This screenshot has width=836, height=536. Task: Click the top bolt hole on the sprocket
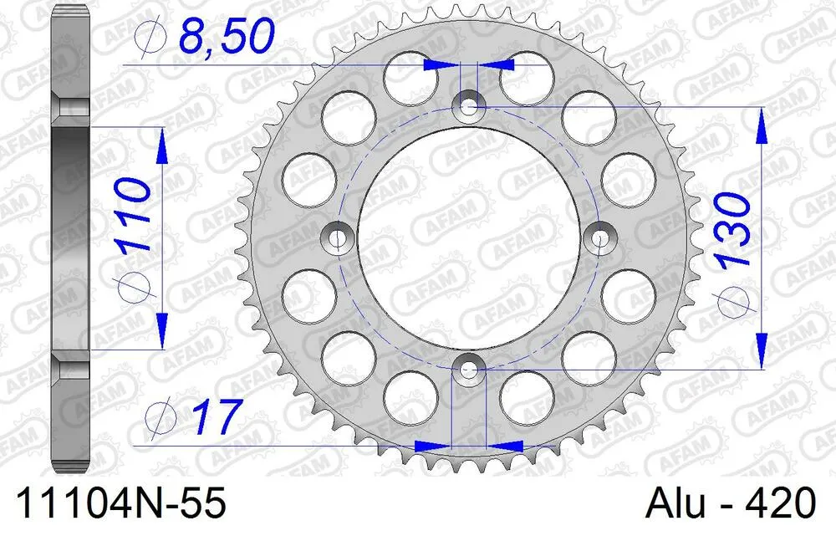pyautogui.click(x=468, y=107)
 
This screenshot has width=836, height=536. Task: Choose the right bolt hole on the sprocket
pyautogui.click(x=599, y=238)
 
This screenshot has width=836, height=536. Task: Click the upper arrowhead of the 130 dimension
pyautogui.click(x=762, y=125)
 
